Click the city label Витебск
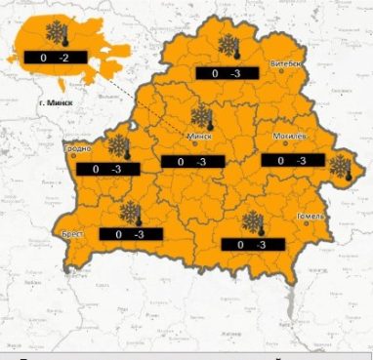(288, 63)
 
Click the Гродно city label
(77, 148)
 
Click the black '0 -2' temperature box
(49, 60)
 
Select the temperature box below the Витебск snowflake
(226, 73)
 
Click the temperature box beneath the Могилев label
(292, 160)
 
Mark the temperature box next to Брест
(129, 235)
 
